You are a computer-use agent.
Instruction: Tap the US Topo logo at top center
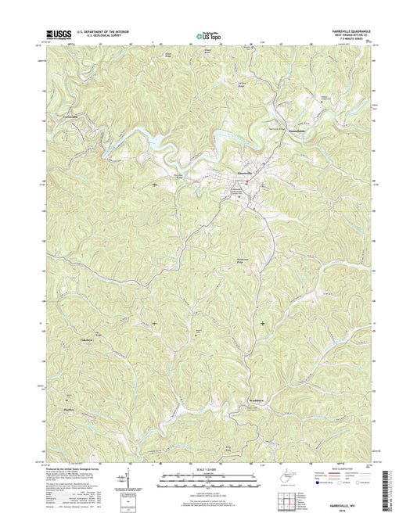coord(207,34)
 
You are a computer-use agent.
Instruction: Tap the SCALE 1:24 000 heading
coord(207,472)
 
